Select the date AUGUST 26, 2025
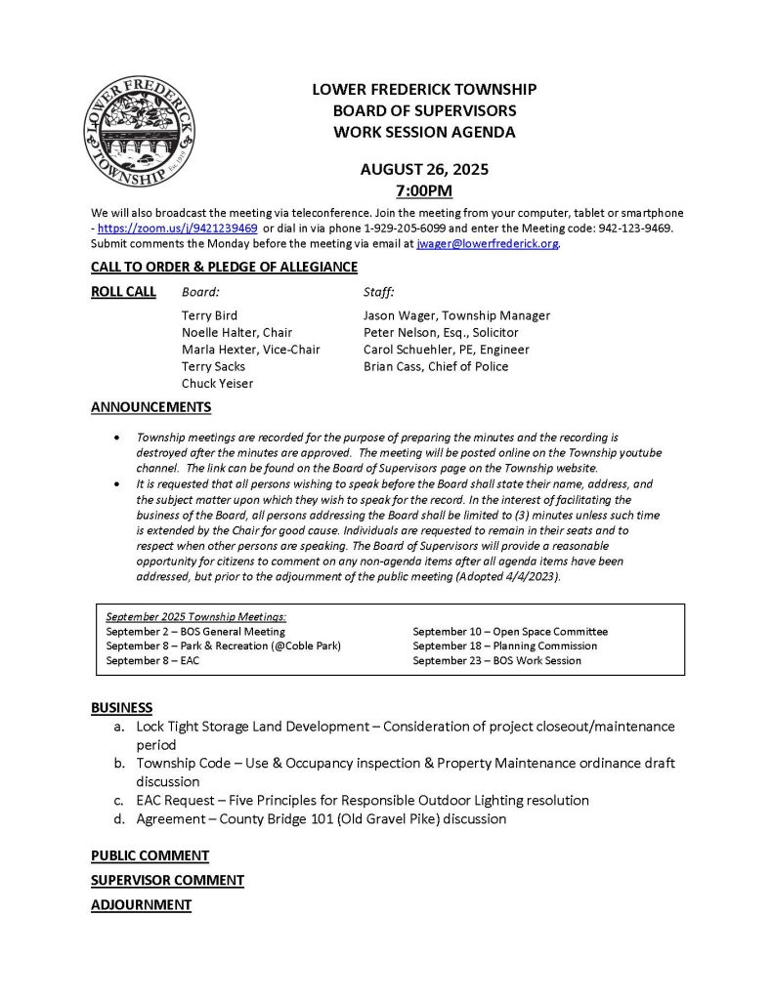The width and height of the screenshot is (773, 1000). click(x=424, y=169)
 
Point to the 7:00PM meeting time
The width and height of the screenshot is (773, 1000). click(x=424, y=190)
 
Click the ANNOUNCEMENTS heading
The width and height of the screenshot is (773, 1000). click(x=150, y=406)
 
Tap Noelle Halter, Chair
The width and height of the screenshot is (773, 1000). click(x=236, y=333)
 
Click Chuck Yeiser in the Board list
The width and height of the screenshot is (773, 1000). click(x=217, y=384)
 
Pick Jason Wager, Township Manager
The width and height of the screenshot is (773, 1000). click(x=456, y=315)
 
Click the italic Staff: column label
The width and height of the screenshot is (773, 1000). click(x=378, y=291)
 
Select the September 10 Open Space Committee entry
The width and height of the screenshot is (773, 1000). click(x=509, y=632)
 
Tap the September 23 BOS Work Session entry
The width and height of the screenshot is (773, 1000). click(x=496, y=661)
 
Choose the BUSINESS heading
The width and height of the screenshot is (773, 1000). click(x=121, y=707)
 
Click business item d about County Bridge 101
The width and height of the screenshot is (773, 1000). click(x=321, y=819)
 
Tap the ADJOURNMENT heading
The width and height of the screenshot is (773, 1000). click(x=141, y=905)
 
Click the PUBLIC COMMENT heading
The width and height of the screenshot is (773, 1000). click(x=150, y=855)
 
